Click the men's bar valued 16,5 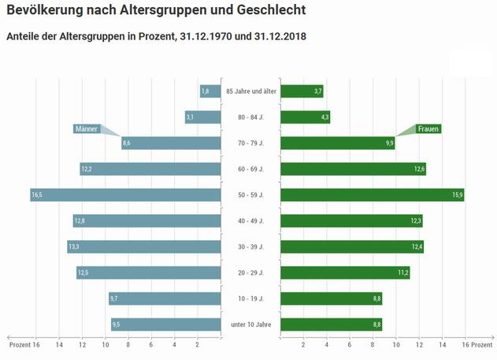tap(125, 195)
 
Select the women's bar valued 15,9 tap(372, 195)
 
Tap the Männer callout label tap(87, 129)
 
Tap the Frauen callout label tap(428, 129)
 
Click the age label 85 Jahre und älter tap(250, 91)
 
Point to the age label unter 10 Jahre tap(250, 325)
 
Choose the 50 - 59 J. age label tap(250, 195)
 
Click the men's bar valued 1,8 tap(210, 91)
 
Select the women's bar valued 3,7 tap(302, 91)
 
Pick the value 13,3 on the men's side tap(74, 247)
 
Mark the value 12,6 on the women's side tap(419, 169)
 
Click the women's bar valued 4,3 tap(305, 117)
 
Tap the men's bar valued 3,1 tap(202, 117)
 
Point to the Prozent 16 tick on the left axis tap(24, 345)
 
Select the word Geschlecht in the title tap(265, 11)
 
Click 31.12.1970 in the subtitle tap(206, 36)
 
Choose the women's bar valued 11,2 tap(345, 273)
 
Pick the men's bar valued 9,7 tap(165, 299)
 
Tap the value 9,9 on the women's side tap(389, 143)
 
